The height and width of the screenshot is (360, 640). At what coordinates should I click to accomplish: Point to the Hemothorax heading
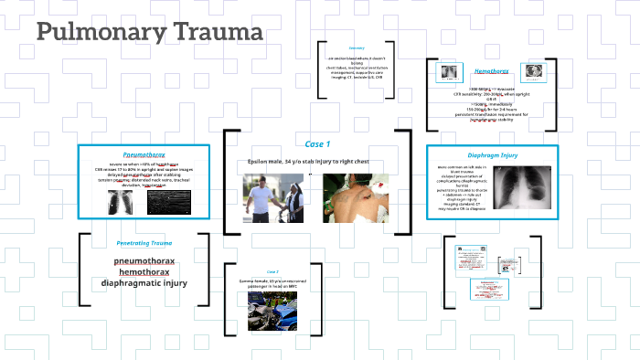coord(492,70)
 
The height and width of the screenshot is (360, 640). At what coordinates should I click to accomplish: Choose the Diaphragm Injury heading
coord(492,154)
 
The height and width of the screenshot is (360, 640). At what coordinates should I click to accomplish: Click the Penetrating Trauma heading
coord(144,243)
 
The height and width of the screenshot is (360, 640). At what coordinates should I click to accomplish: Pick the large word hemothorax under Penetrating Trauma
coord(144,271)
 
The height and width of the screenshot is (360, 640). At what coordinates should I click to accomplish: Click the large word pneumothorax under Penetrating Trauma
coord(144,260)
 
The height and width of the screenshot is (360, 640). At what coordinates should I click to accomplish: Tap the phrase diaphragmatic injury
coord(144,283)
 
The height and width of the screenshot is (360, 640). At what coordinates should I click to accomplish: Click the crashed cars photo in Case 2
coord(272,310)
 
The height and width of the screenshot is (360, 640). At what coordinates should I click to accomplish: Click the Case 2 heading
coord(272,271)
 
